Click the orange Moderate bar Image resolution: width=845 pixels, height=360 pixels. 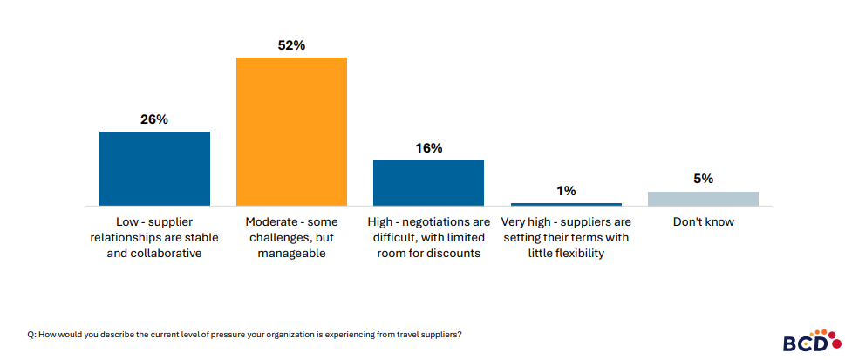tap(291, 132)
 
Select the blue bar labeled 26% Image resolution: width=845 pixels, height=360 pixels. tap(154, 168)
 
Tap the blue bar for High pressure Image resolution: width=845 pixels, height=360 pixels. tap(428, 183)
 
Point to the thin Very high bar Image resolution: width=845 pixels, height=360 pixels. tap(565, 204)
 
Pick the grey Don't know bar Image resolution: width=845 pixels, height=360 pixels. tap(703, 199)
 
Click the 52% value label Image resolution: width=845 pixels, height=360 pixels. tap(291, 45)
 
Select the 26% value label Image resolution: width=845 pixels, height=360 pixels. tap(154, 119)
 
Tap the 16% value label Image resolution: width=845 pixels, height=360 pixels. tap(428, 148)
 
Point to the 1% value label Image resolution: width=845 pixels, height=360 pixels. tap(565, 190)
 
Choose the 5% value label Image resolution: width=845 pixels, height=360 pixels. tap(703, 179)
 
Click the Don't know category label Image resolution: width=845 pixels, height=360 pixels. tap(703, 221)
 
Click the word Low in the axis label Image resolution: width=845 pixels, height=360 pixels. tap(128, 221)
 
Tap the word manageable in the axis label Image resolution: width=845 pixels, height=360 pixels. tap(291, 254)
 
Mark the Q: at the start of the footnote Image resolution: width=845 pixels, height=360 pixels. tap(31, 335)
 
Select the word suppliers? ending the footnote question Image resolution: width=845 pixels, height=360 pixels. tap(440, 335)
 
